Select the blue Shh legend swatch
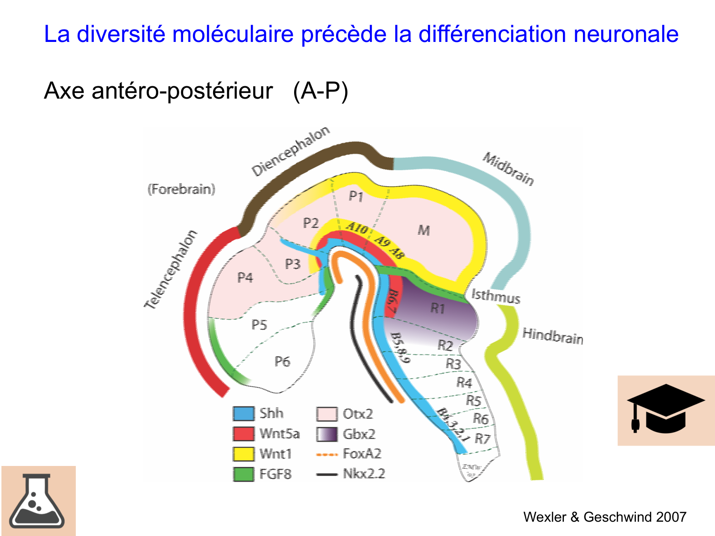[243, 414]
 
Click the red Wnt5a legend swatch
[243, 434]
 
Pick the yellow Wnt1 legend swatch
[243, 454]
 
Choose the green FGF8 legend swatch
[243, 474]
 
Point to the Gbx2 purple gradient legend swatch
[327, 434]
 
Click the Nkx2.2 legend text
[364, 474]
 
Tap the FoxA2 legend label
[362, 454]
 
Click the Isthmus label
[495, 296]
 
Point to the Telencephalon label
[171, 269]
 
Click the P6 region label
[282, 362]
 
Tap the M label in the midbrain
[424, 231]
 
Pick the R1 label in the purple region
[438, 308]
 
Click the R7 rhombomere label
[482, 438]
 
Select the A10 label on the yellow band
[357, 228]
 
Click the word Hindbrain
[552, 335]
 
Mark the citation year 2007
[671, 517]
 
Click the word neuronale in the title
[626, 34]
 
